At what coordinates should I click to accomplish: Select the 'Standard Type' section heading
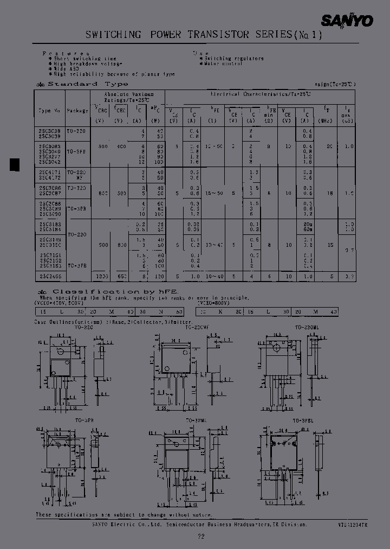coord(88,84)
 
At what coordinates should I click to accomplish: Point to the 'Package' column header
coord(77,110)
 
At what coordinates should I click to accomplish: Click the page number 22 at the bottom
coord(201,536)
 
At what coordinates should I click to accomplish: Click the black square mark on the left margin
coord(15,163)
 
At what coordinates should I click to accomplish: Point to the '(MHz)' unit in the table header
coord(326,120)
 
